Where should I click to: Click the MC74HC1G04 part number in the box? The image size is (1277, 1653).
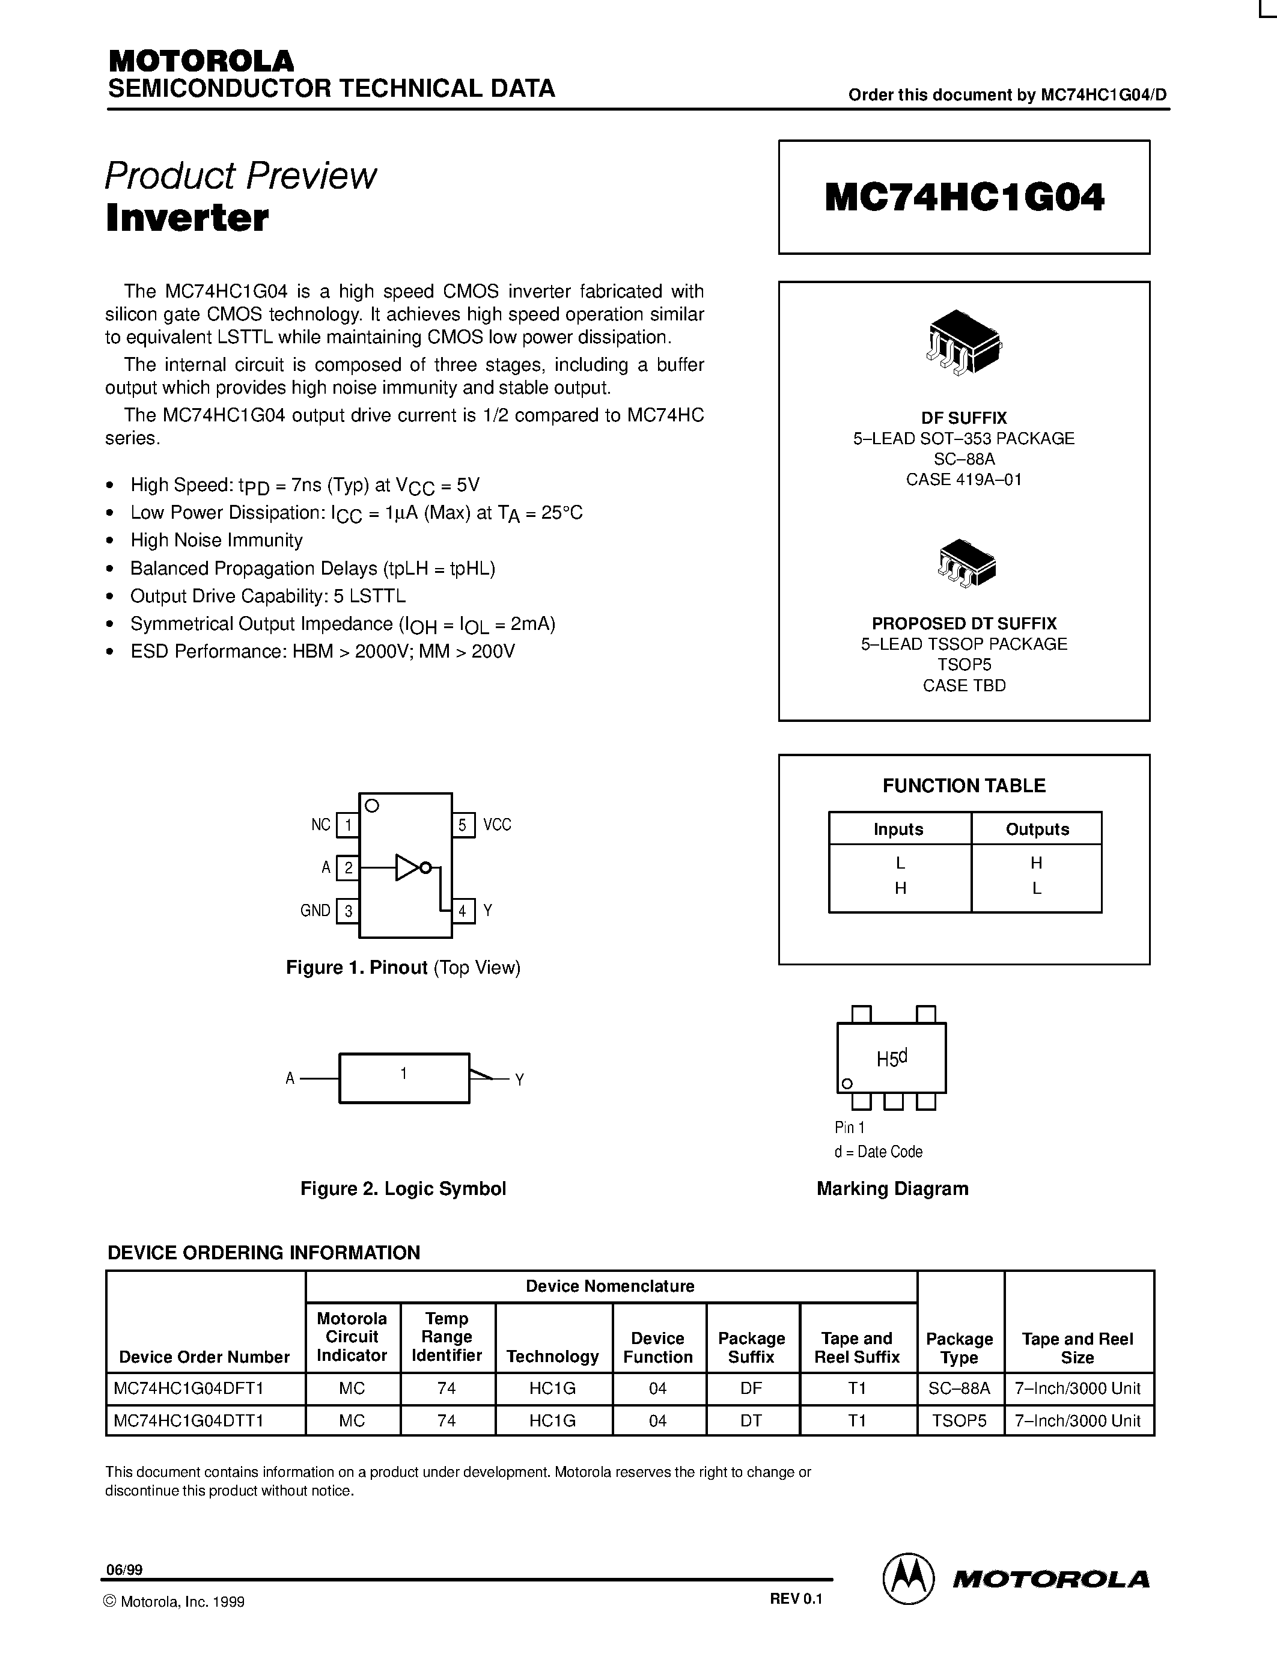[x=964, y=198]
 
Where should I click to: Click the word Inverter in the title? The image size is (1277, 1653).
[x=187, y=219]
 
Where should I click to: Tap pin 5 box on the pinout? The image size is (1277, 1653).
[x=463, y=825]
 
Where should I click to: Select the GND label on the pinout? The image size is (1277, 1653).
[x=315, y=911]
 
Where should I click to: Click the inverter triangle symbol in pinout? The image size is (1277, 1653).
[x=409, y=868]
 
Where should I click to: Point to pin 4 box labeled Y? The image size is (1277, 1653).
[x=463, y=911]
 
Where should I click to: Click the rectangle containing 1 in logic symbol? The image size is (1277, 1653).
[x=404, y=1078]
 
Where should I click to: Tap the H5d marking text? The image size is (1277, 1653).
[x=891, y=1058]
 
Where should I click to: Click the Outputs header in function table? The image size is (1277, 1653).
[x=1037, y=829]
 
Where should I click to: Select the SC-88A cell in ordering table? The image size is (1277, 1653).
[x=959, y=1388]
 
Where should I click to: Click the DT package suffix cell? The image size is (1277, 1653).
[x=751, y=1420]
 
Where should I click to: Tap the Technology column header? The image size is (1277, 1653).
[x=552, y=1356]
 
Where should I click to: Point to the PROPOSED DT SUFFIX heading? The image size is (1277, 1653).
[x=964, y=624]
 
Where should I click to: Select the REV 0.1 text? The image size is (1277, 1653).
[x=796, y=1598]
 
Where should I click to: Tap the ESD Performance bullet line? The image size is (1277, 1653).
[x=322, y=652]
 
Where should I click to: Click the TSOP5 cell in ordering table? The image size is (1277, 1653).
[x=959, y=1420]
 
